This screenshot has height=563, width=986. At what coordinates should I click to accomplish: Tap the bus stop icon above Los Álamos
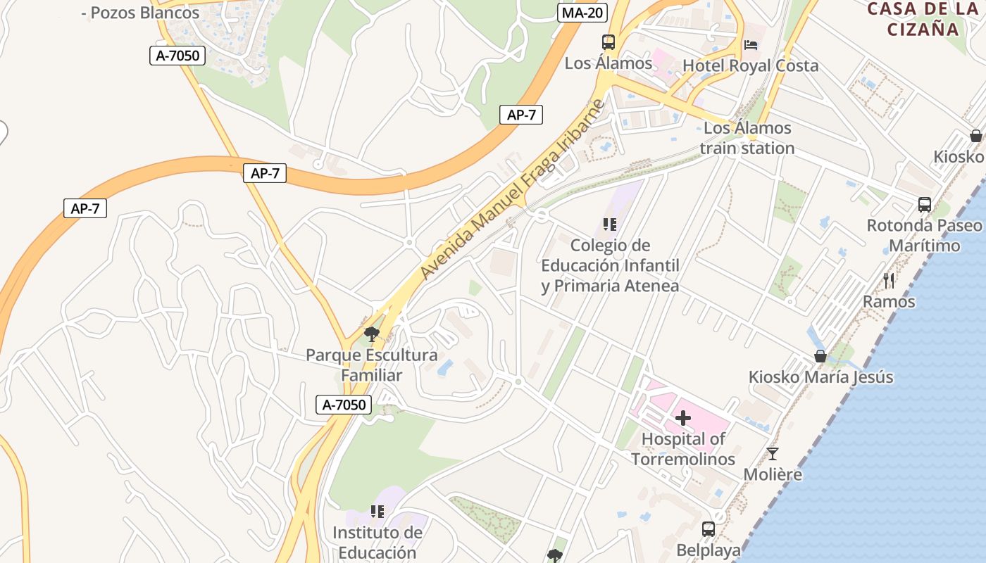pyautogui.click(x=609, y=42)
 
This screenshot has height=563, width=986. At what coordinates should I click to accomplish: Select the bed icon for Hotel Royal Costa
pyautogui.click(x=751, y=46)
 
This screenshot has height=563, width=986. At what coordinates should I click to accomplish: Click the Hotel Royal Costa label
pyautogui.click(x=751, y=65)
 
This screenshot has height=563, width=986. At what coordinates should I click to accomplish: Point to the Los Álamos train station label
pyautogui.click(x=747, y=138)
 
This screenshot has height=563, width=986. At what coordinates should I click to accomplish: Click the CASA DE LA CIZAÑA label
pyautogui.click(x=923, y=19)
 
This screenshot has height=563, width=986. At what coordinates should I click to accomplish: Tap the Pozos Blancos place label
pyautogui.click(x=140, y=13)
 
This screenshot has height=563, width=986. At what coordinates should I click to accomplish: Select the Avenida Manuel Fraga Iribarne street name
pyautogui.click(x=513, y=189)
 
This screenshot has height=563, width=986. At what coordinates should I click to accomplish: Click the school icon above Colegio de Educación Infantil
pyautogui.click(x=610, y=224)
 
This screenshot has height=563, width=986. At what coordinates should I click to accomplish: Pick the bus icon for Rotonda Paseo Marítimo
pyautogui.click(x=925, y=205)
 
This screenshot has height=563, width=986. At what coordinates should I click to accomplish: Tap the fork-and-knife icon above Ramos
pyautogui.click(x=890, y=281)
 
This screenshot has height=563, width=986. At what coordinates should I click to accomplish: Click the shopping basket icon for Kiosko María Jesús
pyautogui.click(x=820, y=356)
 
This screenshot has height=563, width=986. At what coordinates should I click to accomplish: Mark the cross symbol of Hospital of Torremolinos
pyautogui.click(x=682, y=418)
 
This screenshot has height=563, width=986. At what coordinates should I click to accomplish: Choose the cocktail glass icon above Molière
pyautogui.click(x=773, y=454)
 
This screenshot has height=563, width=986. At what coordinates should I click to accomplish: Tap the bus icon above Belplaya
pyautogui.click(x=709, y=529)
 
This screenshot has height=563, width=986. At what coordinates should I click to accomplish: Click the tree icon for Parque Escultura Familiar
pyautogui.click(x=371, y=334)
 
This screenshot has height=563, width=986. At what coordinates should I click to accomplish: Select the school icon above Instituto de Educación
pyautogui.click(x=377, y=512)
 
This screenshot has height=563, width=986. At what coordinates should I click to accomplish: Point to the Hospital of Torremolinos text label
pyautogui.click(x=682, y=449)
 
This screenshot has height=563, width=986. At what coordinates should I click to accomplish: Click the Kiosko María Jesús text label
pyautogui.click(x=820, y=377)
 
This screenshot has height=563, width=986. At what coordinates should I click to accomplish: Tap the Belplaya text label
pyautogui.click(x=709, y=550)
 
